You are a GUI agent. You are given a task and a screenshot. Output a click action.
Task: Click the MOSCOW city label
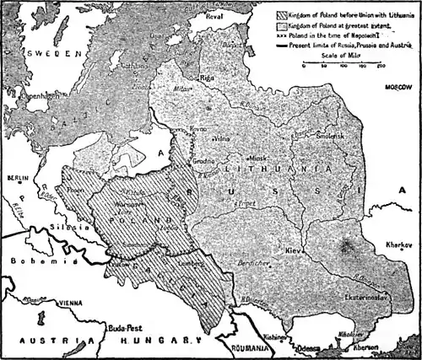[x=397, y=87]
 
